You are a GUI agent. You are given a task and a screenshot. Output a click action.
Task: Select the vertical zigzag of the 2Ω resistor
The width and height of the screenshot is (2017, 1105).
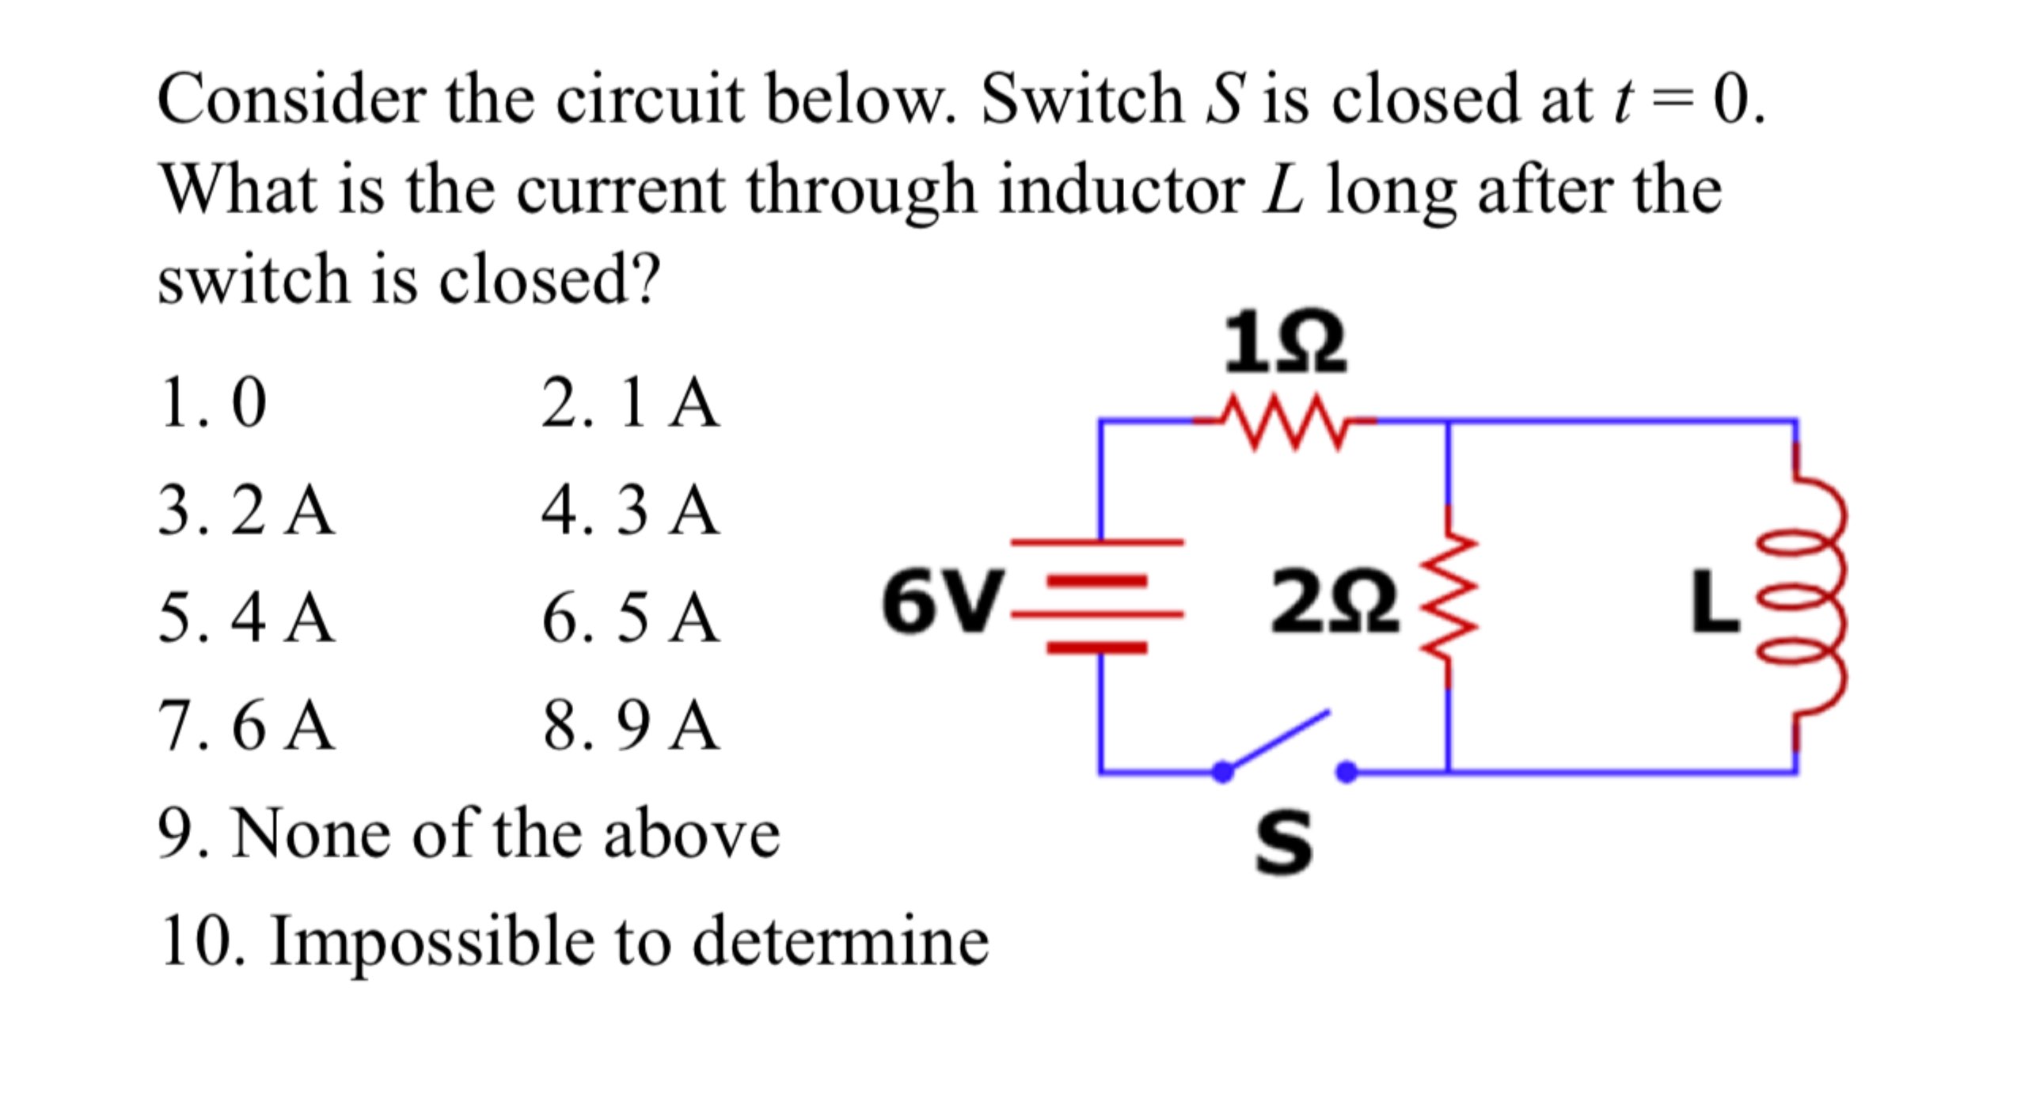(x=1449, y=598)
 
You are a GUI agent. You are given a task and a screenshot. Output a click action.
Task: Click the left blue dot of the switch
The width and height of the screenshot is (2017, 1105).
(x=1223, y=771)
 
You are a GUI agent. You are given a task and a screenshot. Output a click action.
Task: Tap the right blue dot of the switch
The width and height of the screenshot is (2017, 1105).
(x=1347, y=771)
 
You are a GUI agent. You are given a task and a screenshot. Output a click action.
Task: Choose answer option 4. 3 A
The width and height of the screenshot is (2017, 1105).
(x=631, y=511)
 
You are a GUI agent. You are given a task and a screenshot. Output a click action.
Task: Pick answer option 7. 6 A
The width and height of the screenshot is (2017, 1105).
(x=246, y=726)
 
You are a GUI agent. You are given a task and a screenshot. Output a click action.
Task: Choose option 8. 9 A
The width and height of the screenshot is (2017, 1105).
(x=631, y=726)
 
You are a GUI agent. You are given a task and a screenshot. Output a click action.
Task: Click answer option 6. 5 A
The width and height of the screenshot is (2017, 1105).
(x=631, y=618)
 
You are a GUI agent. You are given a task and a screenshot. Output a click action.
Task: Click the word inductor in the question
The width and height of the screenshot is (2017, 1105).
(x=1121, y=191)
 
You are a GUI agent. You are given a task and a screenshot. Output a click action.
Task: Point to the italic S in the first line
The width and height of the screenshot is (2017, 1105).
(x=1224, y=101)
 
